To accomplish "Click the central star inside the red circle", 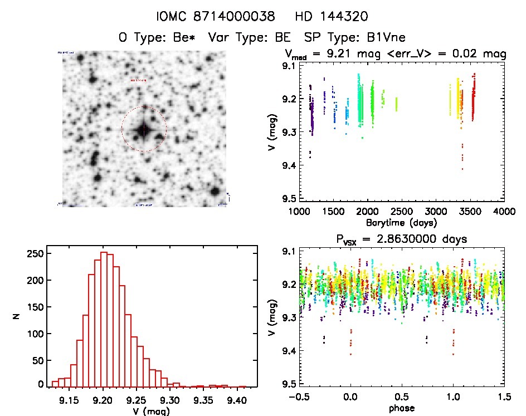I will click(143, 129).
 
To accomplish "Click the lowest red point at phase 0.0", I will click(350, 354).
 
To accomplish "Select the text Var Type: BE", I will click(246, 38).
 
